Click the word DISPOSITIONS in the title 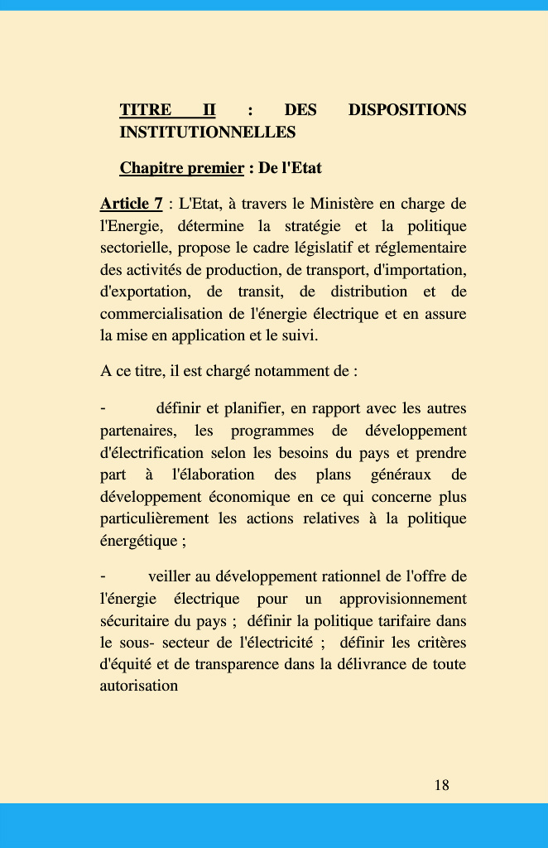[407, 110]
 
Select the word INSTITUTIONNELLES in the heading [208, 132]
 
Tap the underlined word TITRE [146, 110]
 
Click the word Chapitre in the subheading [151, 168]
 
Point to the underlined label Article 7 [131, 204]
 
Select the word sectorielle [137, 248]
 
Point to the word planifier [253, 408]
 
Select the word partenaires [137, 431]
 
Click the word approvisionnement [403, 598]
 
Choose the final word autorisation [139, 686]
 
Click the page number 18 [441, 785]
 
